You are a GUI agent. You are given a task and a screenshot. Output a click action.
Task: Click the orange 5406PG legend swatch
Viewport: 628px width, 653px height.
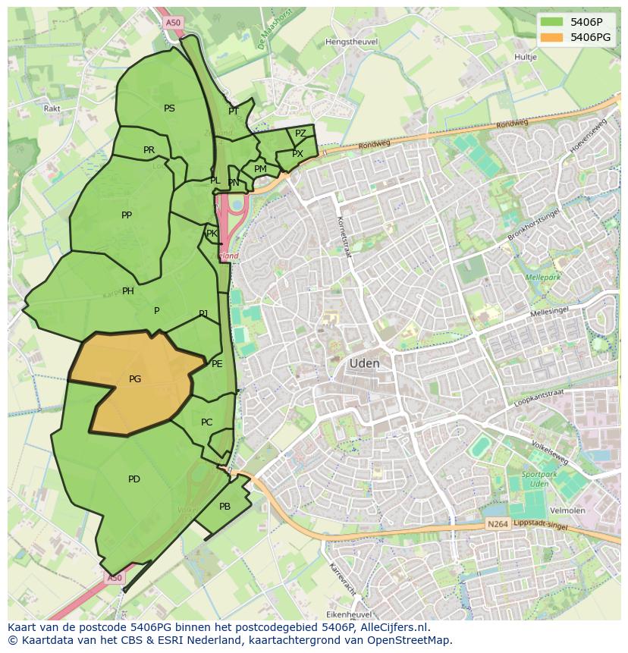(551, 37)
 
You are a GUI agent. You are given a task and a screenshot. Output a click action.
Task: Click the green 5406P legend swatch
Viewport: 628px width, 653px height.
(551, 22)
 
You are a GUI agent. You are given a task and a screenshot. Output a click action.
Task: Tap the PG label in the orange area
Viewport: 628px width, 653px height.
(135, 379)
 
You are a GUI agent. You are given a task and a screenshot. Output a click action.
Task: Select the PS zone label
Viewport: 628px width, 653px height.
(169, 108)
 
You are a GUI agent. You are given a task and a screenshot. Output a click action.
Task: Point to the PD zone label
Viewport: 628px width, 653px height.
(134, 479)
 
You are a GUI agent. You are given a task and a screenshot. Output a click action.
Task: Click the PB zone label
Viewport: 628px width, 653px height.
(225, 507)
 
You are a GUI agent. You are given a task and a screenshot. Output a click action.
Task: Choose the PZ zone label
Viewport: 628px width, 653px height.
(300, 133)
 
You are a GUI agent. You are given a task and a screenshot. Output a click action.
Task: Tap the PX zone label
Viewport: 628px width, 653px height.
(297, 154)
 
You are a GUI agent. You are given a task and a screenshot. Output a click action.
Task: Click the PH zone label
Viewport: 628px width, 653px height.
(128, 291)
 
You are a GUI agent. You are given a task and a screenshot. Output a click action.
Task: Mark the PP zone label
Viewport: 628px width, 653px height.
(127, 215)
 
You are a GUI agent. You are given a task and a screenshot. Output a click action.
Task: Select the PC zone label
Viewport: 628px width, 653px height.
(207, 422)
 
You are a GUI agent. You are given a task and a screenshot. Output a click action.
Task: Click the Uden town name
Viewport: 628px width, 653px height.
(364, 364)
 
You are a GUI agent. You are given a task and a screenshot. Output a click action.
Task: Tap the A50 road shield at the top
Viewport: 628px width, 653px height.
(173, 23)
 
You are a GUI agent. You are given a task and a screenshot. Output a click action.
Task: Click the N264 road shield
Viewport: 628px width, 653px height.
(497, 525)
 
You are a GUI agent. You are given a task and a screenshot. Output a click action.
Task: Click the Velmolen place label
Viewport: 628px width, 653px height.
(567, 510)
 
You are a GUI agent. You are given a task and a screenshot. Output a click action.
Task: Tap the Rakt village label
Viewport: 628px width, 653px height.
(52, 108)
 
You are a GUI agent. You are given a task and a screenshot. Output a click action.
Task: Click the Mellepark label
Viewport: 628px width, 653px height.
(542, 278)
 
